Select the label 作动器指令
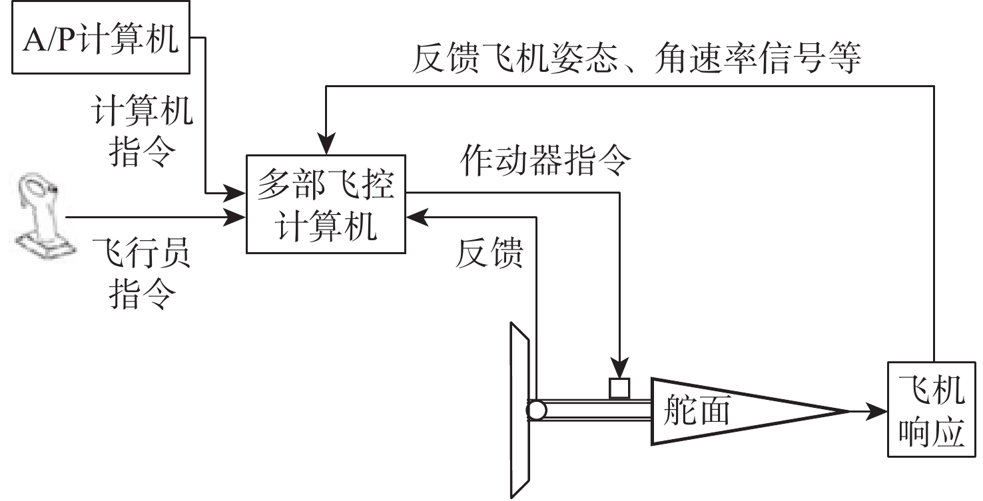pos(544,162)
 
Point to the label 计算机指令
pos(142,133)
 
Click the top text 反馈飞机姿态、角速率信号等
pos(636,59)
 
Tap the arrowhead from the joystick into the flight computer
pos(237,216)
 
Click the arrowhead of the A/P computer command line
pos(237,194)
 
